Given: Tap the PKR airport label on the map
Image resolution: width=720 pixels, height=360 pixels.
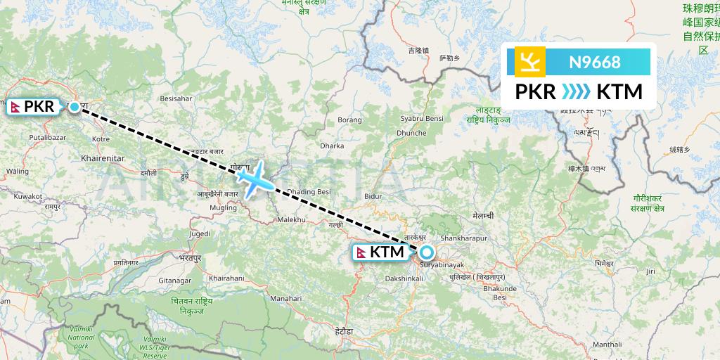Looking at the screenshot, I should pyautogui.click(x=36, y=107).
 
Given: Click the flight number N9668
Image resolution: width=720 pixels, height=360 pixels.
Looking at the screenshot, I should pyautogui.click(x=595, y=62).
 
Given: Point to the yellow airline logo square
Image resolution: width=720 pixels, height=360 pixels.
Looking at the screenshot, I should pyautogui.click(x=529, y=62).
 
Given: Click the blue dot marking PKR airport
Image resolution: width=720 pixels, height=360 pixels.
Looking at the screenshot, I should pyautogui.click(x=75, y=108).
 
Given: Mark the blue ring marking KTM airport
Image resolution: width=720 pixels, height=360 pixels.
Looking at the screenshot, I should pyautogui.click(x=427, y=252).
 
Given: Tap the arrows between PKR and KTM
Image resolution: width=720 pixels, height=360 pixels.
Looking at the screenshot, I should pyautogui.click(x=577, y=92).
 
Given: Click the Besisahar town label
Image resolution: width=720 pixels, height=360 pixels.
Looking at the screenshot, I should pyautogui.click(x=176, y=99).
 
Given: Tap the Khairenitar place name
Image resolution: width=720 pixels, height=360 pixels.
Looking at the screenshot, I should pyautogui.click(x=103, y=159).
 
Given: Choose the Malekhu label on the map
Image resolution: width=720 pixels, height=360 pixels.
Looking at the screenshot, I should pyautogui.click(x=292, y=219).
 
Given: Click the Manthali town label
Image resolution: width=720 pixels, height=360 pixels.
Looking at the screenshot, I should pyautogui.click(x=607, y=345).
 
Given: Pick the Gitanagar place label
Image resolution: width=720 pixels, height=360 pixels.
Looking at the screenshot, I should pyautogui.click(x=174, y=280).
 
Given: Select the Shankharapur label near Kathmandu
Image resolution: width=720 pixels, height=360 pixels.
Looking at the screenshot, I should pyautogui.click(x=463, y=239).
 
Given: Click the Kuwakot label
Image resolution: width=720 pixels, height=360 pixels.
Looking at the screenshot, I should pyautogui.click(x=27, y=197).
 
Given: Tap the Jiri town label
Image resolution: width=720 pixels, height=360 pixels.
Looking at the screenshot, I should pyautogui.click(x=650, y=271).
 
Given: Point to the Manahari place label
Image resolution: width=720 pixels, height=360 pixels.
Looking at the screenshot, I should pyautogui.click(x=286, y=299).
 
